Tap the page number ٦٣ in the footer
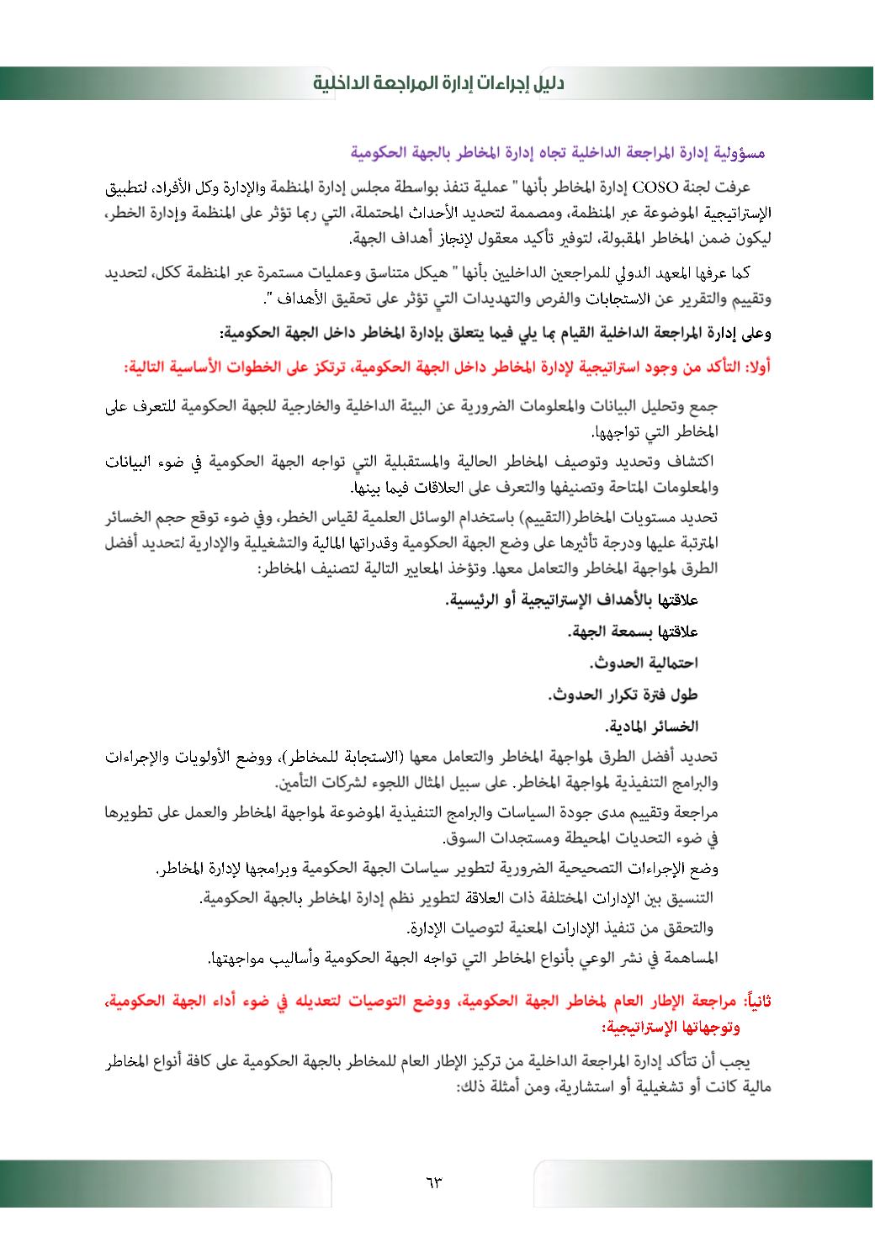(434, 1182)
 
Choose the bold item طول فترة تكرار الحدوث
(623, 695)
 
